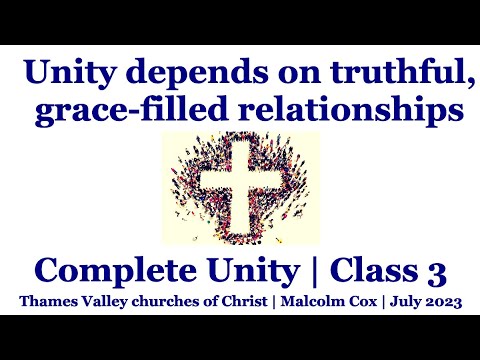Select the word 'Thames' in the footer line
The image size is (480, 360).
point(42,301)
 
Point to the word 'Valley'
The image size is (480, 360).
point(98,301)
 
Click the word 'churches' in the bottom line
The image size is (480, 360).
point(161,301)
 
